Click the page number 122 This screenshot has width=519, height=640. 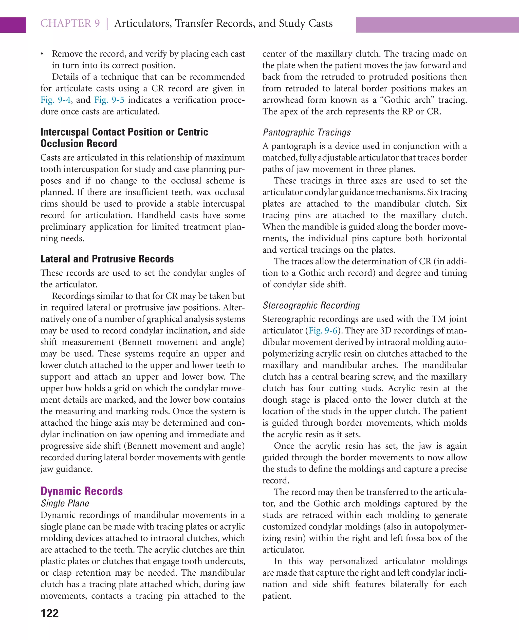tap(50, 613)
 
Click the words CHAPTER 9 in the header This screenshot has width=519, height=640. tap(70, 24)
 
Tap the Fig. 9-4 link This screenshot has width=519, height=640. tap(55, 100)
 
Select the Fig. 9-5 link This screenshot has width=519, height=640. tap(109, 100)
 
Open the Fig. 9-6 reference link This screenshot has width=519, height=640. tap(323, 331)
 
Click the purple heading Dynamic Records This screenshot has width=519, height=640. tap(82, 491)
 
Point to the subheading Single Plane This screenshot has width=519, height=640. tap(65, 503)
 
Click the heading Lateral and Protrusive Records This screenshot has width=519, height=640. tap(107, 259)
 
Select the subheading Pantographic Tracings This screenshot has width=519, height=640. tap(306, 133)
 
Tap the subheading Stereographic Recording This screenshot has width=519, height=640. tap(311, 305)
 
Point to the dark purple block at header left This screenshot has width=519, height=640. tap(13, 25)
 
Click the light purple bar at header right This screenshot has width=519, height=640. tap(437, 25)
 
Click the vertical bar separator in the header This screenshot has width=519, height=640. tap(107, 24)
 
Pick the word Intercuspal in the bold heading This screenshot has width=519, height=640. tap(65, 132)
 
